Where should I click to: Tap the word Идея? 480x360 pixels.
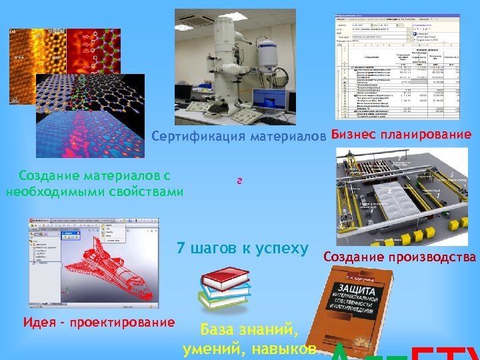tap(39, 323)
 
